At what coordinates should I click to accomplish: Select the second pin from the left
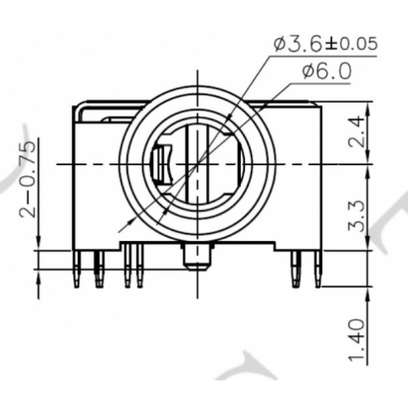(x=98, y=270)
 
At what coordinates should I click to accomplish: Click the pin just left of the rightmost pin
(x=297, y=270)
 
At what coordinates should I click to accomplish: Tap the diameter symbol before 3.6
(x=281, y=45)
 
